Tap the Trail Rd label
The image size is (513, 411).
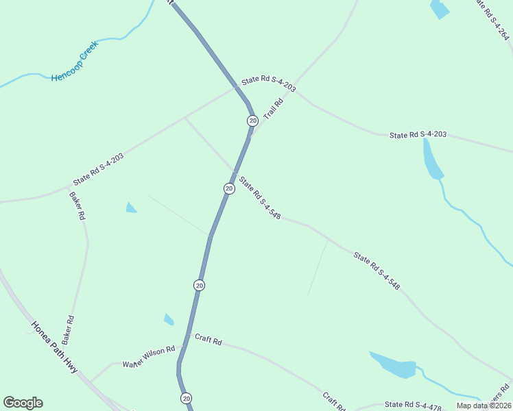pyautogui.click(x=274, y=108)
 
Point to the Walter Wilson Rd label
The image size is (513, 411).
pyautogui.click(x=149, y=357)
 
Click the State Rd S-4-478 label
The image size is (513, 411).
pyautogui.click(x=412, y=406)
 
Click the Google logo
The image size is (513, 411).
pyautogui.click(x=23, y=403)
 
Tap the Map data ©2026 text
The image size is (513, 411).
pyautogui.click(x=483, y=406)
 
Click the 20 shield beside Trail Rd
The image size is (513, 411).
pyautogui.click(x=252, y=121)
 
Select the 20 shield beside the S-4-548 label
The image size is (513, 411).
pyautogui.click(x=229, y=188)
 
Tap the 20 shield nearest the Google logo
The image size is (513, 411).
pyautogui.click(x=186, y=398)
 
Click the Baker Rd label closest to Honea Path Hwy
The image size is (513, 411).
pyautogui.click(x=67, y=329)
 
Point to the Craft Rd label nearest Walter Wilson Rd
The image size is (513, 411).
pyautogui.click(x=208, y=340)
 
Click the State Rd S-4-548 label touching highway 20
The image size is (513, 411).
pyautogui.click(x=260, y=198)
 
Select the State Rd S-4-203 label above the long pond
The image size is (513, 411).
pyautogui.click(x=418, y=135)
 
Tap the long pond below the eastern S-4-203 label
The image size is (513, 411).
pyautogui.click(x=432, y=160)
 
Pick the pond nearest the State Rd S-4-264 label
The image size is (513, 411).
pyautogui.click(x=439, y=10)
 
